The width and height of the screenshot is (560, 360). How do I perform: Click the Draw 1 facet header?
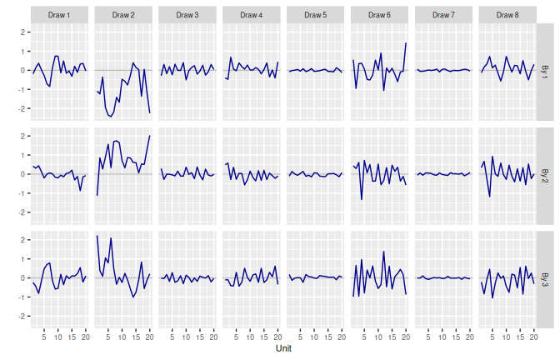(58, 15)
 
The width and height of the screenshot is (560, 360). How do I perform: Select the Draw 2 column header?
(122, 15)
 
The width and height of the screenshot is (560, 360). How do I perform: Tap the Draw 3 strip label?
(187, 15)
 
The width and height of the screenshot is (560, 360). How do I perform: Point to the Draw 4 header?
(251, 15)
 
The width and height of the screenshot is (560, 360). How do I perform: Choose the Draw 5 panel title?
(315, 15)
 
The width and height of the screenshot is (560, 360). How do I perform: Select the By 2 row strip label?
(545, 174)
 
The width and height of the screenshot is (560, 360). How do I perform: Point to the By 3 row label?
(545, 277)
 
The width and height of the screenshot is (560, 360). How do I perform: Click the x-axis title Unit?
(283, 349)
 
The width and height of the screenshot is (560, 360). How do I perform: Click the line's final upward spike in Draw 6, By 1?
(406, 43)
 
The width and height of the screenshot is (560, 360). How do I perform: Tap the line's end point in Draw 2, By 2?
(149, 136)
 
